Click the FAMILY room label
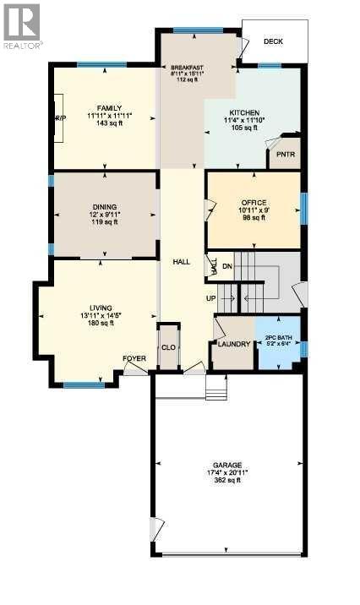pyautogui.click(x=110, y=108)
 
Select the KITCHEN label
pyautogui.click(x=243, y=112)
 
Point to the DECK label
pyautogui.click(x=273, y=41)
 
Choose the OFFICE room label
pyautogui.click(x=254, y=202)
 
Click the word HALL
pyautogui.click(x=181, y=262)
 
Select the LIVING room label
pyautogui.click(x=101, y=308)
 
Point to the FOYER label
pyautogui.click(x=135, y=358)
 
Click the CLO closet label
pyautogui.click(x=169, y=347)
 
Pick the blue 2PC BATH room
pyautogui.click(x=278, y=342)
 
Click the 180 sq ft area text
pyautogui.click(x=101, y=324)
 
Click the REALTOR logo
pyautogui.click(x=22, y=25)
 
